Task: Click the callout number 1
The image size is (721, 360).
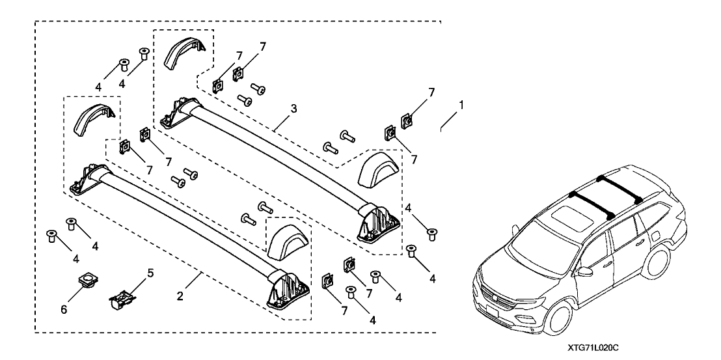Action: (x=461, y=104)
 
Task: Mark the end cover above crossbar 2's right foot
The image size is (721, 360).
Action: (x=287, y=241)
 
